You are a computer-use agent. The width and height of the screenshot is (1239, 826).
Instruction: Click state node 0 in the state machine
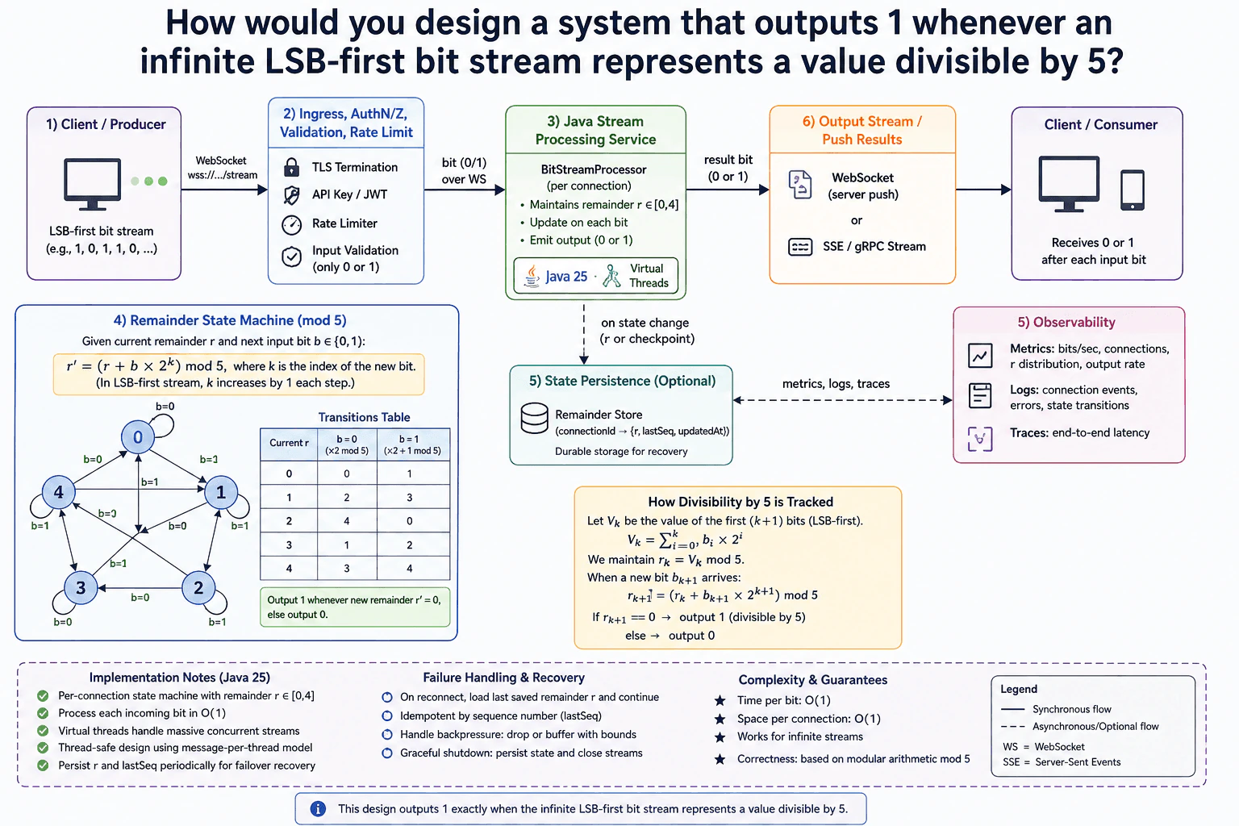coord(138,437)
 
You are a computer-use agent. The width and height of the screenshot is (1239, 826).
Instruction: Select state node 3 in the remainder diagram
coord(81,587)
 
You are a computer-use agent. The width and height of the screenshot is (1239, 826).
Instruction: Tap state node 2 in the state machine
coord(198,587)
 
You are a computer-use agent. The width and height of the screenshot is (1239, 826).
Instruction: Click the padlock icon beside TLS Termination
coord(291,167)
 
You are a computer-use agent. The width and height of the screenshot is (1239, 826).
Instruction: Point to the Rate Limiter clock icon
coord(291,224)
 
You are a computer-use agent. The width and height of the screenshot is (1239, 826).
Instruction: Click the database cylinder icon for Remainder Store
coord(534,419)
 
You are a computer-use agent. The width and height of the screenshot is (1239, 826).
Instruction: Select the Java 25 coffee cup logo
coord(532,276)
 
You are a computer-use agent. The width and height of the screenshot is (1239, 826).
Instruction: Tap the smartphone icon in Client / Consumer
coord(1133,190)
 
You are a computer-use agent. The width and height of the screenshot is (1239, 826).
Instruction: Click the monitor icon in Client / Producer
coord(93,184)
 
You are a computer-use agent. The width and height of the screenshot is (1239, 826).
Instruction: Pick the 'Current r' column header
coord(289,443)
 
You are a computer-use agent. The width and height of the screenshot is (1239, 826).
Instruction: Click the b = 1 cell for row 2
coord(409,520)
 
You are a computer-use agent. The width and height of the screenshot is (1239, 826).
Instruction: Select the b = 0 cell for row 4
coord(347,568)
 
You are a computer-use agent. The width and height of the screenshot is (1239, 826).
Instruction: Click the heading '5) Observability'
coord(1066,322)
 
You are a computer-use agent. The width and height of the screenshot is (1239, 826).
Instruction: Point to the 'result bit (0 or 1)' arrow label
coord(728,168)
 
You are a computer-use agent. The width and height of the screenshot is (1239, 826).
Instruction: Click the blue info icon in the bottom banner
coord(318,809)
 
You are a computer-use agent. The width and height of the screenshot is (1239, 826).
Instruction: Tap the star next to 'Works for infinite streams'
coord(720,737)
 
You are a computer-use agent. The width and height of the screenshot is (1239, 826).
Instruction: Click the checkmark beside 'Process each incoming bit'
coord(43,713)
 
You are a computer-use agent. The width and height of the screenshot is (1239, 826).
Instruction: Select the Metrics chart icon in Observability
coord(979,355)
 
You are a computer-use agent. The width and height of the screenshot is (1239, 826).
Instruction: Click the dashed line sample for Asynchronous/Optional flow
coord(1013,727)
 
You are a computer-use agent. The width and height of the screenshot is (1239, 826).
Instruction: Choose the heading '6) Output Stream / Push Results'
coord(861,130)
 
